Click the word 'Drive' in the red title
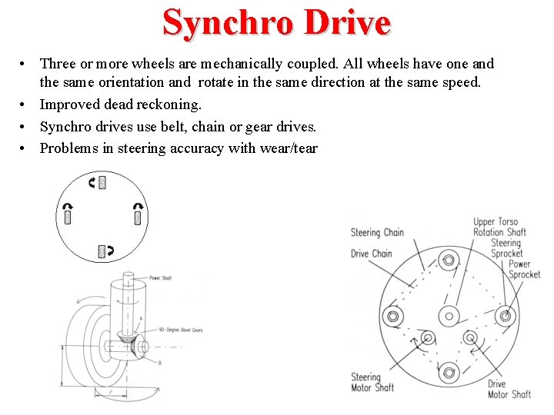coord(347,22)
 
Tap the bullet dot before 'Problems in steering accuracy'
coord(25,148)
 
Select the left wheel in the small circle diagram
coord(68,217)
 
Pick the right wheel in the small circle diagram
coord(138,217)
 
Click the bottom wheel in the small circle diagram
coord(102,251)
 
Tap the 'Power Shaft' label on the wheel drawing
coord(160,277)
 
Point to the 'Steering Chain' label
coord(377,232)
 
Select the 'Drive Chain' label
coord(371,254)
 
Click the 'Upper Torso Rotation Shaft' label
coord(499,227)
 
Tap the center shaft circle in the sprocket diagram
coord(448,315)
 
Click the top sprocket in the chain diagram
coord(448,258)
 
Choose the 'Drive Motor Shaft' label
coord(509,389)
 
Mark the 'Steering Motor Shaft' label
coord(372,382)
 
